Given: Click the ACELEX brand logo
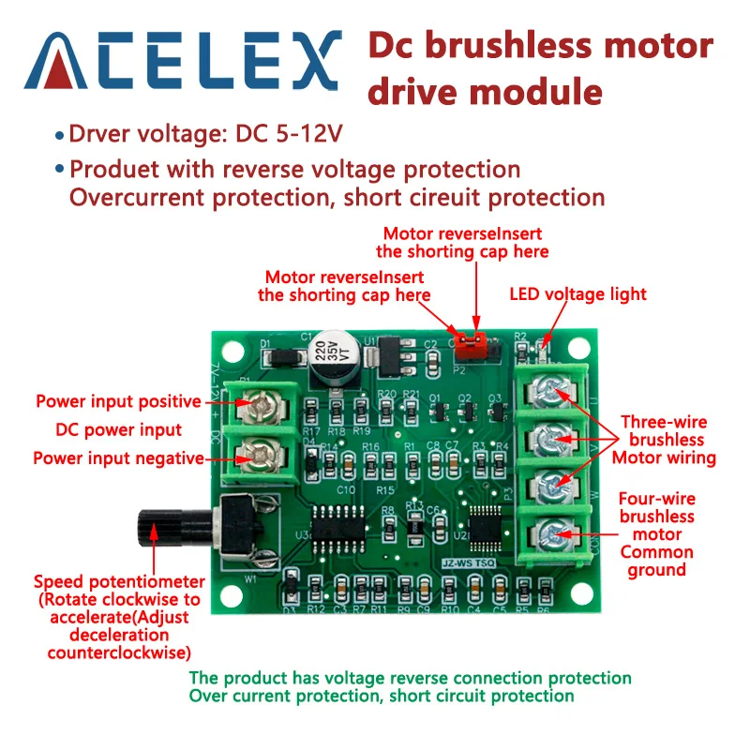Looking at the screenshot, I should [x=184, y=60].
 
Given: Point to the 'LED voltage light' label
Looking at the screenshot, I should [x=577, y=294].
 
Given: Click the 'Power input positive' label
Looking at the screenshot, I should [x=118, y=402].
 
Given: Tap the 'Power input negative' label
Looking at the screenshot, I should [x=118, y=458].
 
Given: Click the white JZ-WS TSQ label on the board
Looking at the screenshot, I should [x=466, y=562].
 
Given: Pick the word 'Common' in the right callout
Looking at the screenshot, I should [x=656, y=552].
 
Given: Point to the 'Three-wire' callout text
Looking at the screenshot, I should [x=664, y=422].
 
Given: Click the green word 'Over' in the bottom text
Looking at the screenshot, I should [x=206, y=697].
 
